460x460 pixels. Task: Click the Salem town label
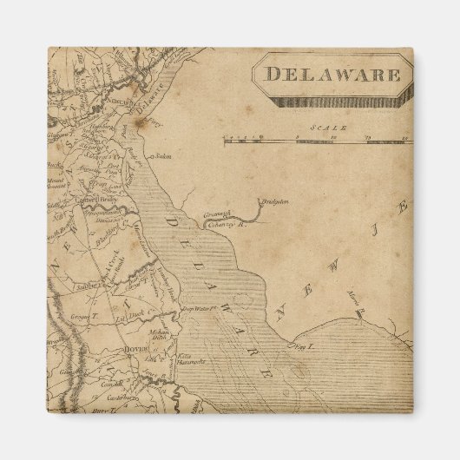coord(162,157)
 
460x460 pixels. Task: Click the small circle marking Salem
coord(152,158)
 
